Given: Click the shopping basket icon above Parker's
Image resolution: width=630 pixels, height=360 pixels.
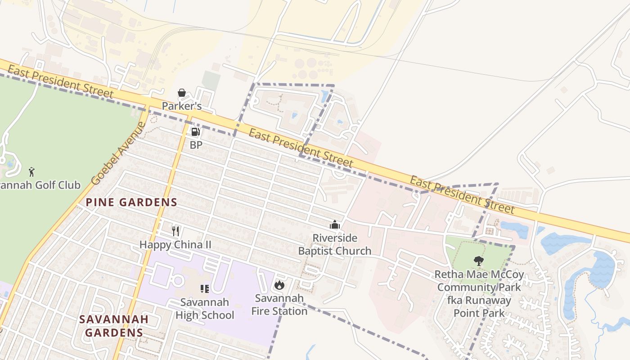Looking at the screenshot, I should pos(182,93).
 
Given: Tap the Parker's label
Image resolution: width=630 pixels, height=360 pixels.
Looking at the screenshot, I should pos(182,107).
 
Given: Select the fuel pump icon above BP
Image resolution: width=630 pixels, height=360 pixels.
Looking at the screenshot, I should pos(196,132).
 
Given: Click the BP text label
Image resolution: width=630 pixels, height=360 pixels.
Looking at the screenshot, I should pos(196,145).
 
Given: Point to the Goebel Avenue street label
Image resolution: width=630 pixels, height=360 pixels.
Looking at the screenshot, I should pos(118,153).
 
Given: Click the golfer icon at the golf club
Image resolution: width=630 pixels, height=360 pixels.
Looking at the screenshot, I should pos(31,171).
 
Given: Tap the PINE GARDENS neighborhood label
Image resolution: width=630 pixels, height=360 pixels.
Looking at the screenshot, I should pos(131,202).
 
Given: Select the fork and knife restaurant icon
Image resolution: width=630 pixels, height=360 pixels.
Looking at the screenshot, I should pos(175,231).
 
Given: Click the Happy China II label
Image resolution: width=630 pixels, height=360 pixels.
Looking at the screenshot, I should pos(175,245).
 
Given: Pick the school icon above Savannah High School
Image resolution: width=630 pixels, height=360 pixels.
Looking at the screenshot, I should pos(205,288).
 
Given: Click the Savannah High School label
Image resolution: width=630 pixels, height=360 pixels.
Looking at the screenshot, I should pos(205,308).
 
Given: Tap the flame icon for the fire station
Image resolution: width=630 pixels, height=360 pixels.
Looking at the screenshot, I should pos(279,285).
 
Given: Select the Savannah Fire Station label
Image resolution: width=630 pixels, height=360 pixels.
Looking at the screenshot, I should pos(279,304).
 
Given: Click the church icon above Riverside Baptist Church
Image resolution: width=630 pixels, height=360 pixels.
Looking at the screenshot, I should pos(335,225).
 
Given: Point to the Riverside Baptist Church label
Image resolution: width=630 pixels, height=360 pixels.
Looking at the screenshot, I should pos(335,244).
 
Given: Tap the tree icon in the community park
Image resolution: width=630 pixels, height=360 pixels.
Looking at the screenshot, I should pos(479,261).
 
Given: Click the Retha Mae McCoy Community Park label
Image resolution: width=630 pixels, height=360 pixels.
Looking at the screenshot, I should pos(479,293).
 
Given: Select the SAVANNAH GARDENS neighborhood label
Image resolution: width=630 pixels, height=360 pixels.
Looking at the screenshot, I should pos(114,326).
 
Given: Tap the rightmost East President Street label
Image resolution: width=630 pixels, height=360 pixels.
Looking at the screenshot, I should pos(462,194).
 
